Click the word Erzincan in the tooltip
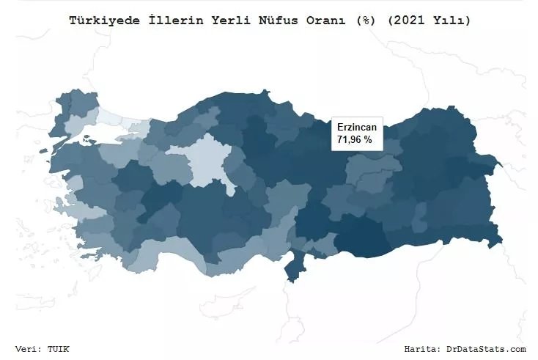coord(356,127)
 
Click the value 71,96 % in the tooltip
coord(355,139)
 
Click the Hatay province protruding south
coord(295,265)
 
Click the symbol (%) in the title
coord(364,21)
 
